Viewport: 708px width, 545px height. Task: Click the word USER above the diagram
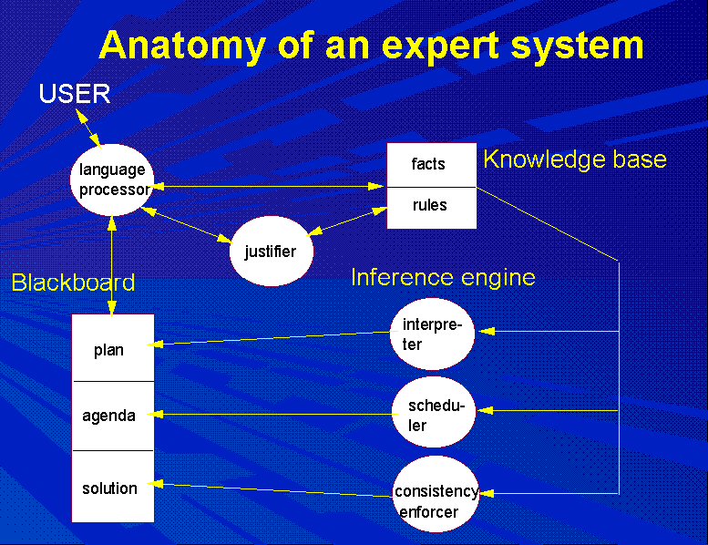click(75, 94)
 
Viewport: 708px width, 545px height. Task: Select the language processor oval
click(112, 180)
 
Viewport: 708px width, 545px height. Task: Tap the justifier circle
click(271, 251)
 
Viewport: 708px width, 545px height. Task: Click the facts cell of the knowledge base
click(432, 165)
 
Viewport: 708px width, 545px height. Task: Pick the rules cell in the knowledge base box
click(432, 208)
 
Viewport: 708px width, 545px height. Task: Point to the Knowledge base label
click(575, 159)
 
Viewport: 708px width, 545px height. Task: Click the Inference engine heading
click(443, 277)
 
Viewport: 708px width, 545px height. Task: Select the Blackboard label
click(73, 283)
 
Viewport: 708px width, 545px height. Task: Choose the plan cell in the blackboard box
click(113, 347)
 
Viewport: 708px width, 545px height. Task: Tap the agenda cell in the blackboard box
click(113, 416)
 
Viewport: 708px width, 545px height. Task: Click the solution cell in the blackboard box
click(113, 487)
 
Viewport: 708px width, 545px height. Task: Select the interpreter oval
click(432, 334)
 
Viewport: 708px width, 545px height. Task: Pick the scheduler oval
click(434, 412)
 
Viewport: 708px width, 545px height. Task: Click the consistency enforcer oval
click(436, 494)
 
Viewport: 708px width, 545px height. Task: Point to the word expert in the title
click(441, 46)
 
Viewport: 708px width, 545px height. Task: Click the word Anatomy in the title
click(182, 46)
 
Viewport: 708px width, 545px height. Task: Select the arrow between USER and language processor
click(88, 129)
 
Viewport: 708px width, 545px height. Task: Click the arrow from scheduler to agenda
click(273, 414)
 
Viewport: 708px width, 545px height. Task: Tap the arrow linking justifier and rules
click(347, 221)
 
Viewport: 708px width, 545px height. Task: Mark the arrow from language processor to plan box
click(112, 265)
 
